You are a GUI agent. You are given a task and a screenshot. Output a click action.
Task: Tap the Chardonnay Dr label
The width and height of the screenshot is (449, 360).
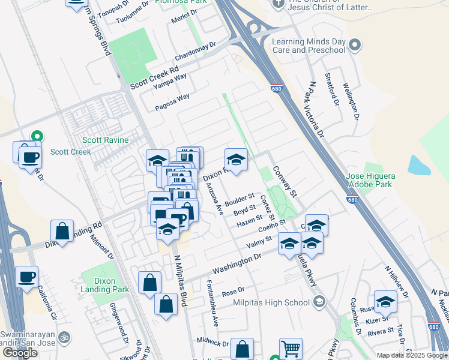click(195, 51)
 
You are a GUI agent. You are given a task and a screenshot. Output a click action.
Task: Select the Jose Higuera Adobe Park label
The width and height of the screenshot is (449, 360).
click(371, 180)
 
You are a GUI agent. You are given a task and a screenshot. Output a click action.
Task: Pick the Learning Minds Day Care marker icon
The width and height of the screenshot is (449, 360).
click(355, 45)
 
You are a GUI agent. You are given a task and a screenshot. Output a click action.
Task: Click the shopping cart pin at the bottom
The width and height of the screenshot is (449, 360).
click(291, 348)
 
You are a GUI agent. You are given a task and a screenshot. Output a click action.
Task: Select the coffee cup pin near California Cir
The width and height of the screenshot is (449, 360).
click(27, 277)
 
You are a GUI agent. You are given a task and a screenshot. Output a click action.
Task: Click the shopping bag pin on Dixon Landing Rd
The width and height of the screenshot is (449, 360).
click(62, 230)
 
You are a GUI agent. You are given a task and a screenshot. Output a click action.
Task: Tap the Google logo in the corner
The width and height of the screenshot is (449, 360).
click(20, 353)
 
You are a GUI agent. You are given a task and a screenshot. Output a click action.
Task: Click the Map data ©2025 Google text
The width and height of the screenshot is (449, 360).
click(411, 355)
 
